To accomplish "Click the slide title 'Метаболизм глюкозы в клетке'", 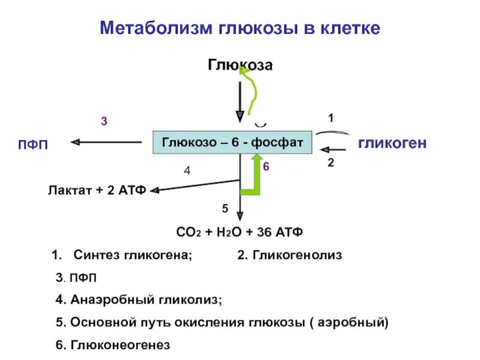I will (x=239, y=28).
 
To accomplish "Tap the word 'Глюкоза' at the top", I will (x=240, y=64).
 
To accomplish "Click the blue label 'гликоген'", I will (x=392, y=143).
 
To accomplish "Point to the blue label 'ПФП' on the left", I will (x=34, y=145).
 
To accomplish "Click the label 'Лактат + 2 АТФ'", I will (x=97, y=191).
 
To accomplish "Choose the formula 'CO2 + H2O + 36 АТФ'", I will (x=240, y=232).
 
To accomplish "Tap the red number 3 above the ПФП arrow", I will (x=104, y=122).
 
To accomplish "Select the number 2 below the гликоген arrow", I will (x=331, y=162).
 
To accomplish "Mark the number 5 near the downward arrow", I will (x=225, y=208).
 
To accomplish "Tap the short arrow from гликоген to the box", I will (x=334, y=149).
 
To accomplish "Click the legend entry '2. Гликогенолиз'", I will (x=289, y=255).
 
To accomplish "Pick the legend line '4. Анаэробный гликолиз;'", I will (x=139, y=299).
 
